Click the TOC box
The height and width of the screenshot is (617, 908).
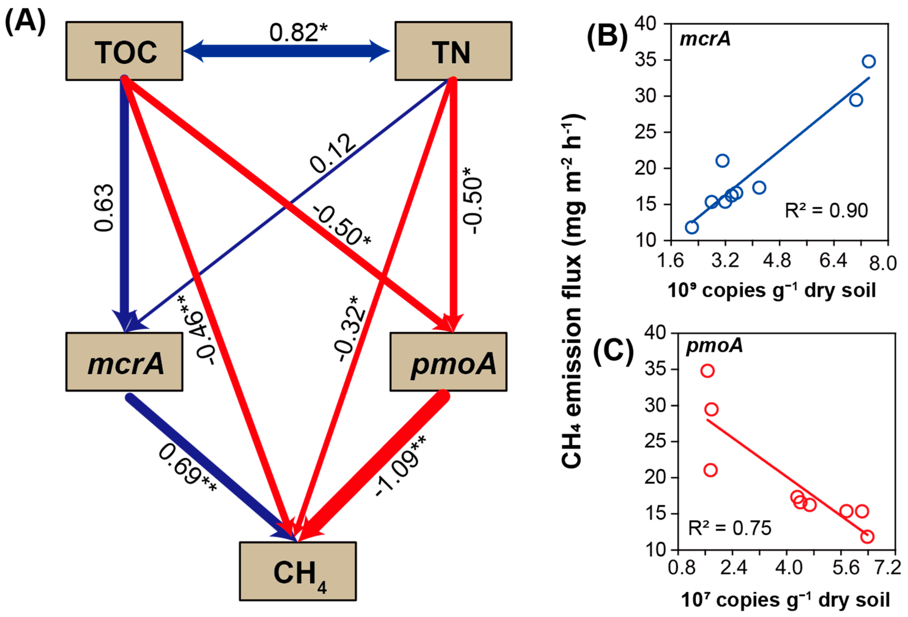[124, 51]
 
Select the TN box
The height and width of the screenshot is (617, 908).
[453, 51]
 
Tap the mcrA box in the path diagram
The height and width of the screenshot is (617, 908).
[124, 362]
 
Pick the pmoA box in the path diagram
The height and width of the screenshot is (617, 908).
[448, 362]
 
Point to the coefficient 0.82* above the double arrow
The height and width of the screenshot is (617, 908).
[298, 32]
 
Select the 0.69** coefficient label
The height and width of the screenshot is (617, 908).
[188, 469]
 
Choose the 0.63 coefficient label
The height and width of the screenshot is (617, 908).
[104, 208]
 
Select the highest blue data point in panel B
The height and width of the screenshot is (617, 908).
[869, 61]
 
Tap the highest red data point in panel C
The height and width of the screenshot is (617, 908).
[708, 371]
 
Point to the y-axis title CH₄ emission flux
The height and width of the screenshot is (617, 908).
[572, 291]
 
